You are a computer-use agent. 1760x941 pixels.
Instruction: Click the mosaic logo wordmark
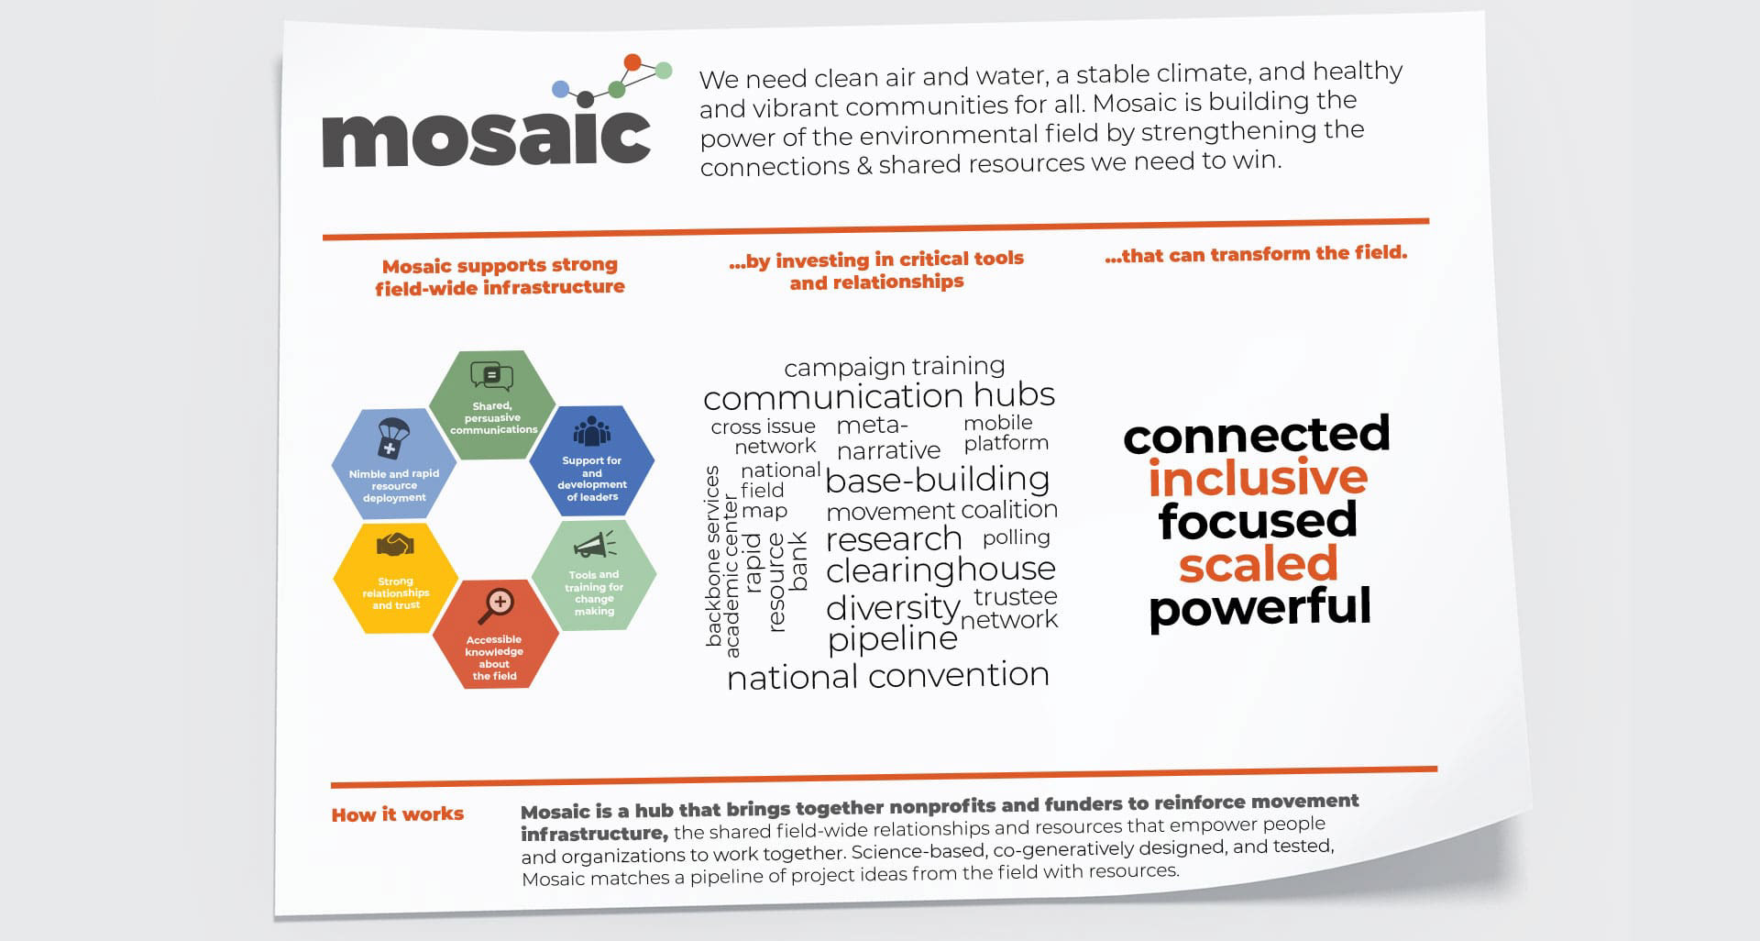tap(487, 138)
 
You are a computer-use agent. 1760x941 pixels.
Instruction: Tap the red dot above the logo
tap(632, 62)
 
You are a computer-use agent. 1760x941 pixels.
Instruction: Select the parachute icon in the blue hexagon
tap(393, 437)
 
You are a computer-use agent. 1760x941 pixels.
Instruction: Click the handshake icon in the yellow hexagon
tap(395, 546)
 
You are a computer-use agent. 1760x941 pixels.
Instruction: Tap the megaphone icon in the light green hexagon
tap(595, 546)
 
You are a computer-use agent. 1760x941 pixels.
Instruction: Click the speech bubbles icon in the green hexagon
tap(492, 377)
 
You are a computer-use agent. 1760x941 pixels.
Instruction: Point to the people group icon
tap(592, 432)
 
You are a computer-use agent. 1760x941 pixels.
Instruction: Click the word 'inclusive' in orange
tap(1258, 478)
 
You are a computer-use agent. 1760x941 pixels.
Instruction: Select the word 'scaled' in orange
tap(1258, 564)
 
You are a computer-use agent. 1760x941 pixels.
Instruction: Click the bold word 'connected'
tap(1257, 436)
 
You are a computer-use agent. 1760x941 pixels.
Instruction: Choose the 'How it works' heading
tap(398, 814)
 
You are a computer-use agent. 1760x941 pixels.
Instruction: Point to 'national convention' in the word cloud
tap(888, 677)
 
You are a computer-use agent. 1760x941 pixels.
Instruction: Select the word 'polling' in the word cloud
tap(1017, 537)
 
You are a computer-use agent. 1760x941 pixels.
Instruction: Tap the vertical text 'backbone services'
tap(713, 556)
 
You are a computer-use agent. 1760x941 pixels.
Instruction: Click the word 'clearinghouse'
tap(940, 570)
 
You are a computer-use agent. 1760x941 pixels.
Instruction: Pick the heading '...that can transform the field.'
tap(1256, 254)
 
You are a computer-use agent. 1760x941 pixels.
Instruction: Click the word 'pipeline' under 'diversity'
tap(893, 639)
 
